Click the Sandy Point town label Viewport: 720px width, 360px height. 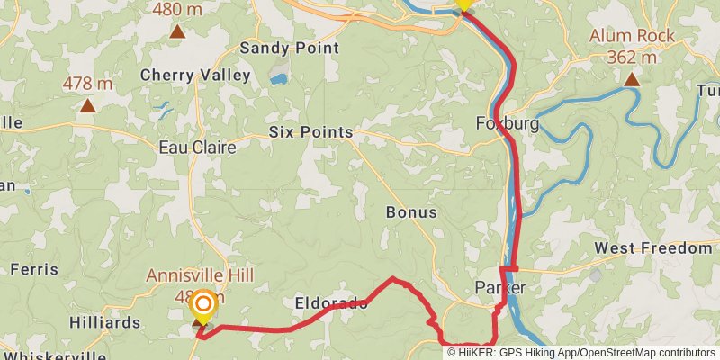pyautogui.click(x=289, y=48)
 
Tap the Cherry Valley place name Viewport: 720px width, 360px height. pyautogui.click(x=195, y=76)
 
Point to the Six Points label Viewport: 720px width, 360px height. pyautogui.click(x=310, y=132)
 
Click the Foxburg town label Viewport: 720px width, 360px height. pyautogui.click(x=507, y=124)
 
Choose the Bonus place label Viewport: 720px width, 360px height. pyautogui.click(x=411, y=213)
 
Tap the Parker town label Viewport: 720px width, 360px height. pyautogui.click(x=499, y=288)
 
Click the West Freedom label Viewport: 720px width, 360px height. pyautogui.click(x=652, y=248)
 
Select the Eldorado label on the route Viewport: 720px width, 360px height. pyautogui.click(x=330, y=303)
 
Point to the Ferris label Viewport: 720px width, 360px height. pyautogui.click(x=34, y=269)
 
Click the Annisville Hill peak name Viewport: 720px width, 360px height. pyautogui.click(x=201, y=275)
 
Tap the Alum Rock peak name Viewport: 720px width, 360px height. pyautogui.click(x=632, y=37)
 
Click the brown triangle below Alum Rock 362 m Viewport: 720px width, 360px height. pyautogui.click(x=633, y=80)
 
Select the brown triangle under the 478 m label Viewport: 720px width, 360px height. pyautogui.click(x=87, y=106)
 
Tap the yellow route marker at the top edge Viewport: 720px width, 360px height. pyautogui.click(x=463, y=4)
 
